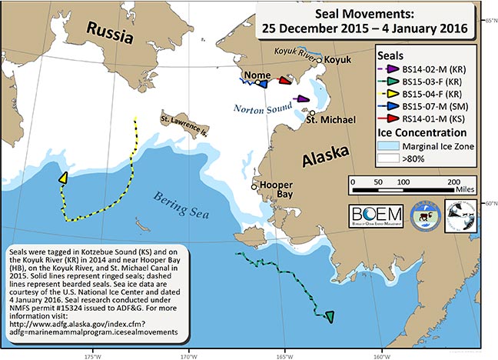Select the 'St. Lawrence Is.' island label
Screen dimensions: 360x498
[186, 121]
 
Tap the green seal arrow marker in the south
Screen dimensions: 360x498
[330, 315]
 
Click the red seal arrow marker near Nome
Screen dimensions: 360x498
[284, 80]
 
